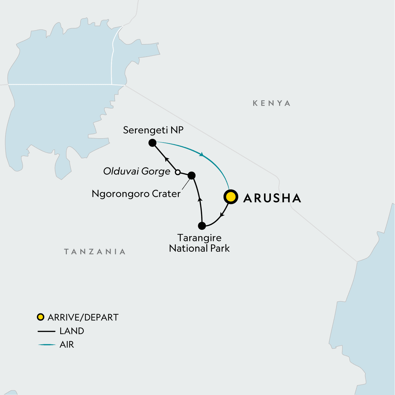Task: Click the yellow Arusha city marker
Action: pyautogui.click(x=231, y=197)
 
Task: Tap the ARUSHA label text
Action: pyautogui.click(x=272, y=198)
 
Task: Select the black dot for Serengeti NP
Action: pyautogui.click(x=152, y=143)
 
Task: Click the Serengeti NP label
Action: pyautogui.click(x=153, y=130)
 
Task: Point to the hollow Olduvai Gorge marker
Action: pyautogui.click(x=177, y=172)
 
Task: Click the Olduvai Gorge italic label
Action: pyautogui.click(x=137, y=171)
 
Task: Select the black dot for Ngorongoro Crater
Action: pyautogui.click(x=191, y=175)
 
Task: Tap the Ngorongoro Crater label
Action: pyautogui.click(x=136, y=194)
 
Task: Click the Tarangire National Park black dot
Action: pyautogui.click(x=202, y=226)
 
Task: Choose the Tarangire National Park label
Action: pyautogui.click(x=199, y=243)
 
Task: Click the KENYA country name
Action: pyautogui.click(x=272, y=103)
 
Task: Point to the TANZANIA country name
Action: pyautogui.click(x=95, y=252)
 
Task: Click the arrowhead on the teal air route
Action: pyautogui.click(x=201, y=154)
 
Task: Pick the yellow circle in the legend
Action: pyautogui.click(x=40, y=317)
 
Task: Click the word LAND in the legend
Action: pyautogui.click(x=72, y=331)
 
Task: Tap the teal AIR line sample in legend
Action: pyautogui.click(x=47, y=345)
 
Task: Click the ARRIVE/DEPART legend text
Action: pyautogui.click(x=83, y=317)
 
